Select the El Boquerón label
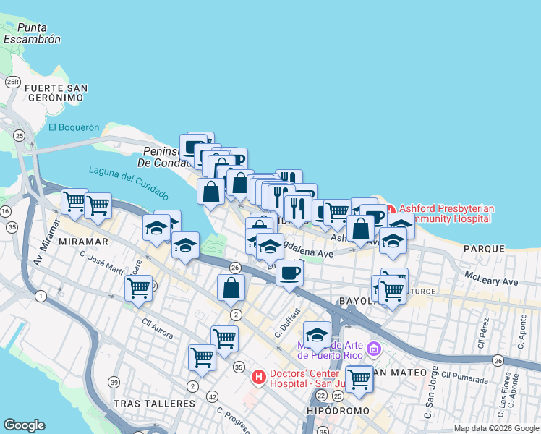click(x=73, y=127)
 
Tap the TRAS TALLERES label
click(x=145, y=401)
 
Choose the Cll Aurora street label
click(x=158, y=325)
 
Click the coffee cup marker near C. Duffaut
click(x=289, y=273)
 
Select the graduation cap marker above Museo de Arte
click(x=317, y=335)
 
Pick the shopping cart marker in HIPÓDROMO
click(x=359, y=378)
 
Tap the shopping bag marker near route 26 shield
click(x=230, y=287)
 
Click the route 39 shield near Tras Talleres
click(x=114, y=382)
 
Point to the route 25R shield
click(x=12, y=82)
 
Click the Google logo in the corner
click(x=24, y=425)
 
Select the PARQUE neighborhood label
click(x=484, y=248)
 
